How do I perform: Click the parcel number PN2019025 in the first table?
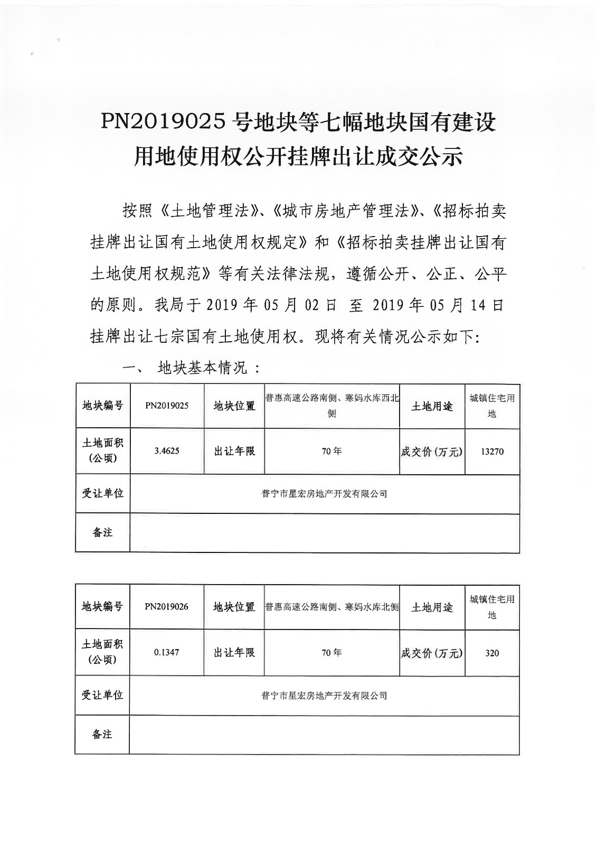pyautogui.click(x=167, y=406)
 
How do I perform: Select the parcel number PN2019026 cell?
pyautogui.click(x=167, y=607)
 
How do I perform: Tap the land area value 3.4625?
pyautogui.click(x=167, y=451)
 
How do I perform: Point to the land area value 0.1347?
pyautogui.click(x=167, y=652)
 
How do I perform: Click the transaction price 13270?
pyautogui.click(x=492, y=452)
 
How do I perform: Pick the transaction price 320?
pyautogui.click(x=492, y=653)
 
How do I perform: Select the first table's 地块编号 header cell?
pyautogui.click(x=102, y=406)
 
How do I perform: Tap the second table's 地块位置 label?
pyautogui.click(x=234, y=607)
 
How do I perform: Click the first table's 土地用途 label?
pyautogui.click(x=432, y=406)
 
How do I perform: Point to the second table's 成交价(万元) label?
pyautogui.click(x=432, y=653)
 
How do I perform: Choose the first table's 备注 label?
pyautogui.click(x=102, y=532)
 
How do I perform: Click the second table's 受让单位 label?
pyautogui.click(x=102, y=695)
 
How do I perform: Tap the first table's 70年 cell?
pyautogui.click(x=331, y=452)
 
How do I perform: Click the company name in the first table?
pyautogui.click(x=324, y=494)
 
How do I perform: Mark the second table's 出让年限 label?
pyautogui.click(x=234, y=652)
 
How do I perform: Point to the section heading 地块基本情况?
pyautogui.click(x=203, y=368)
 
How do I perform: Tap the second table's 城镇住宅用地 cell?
pyautogui.click(x=492, y=607)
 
